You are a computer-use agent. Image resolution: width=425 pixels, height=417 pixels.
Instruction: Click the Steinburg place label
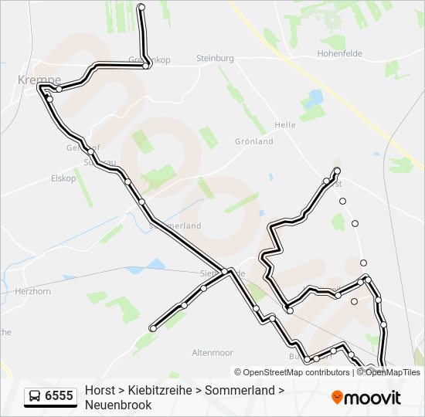tap(215, 58)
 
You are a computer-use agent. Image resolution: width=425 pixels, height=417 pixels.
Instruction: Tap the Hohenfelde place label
tap(339, 54)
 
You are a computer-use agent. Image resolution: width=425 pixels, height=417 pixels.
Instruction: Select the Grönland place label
tap(254, 142)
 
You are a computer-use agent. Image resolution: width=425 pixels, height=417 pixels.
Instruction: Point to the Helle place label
tap(285, 125)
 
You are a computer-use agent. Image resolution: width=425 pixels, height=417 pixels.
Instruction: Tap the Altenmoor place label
tap(212, 353)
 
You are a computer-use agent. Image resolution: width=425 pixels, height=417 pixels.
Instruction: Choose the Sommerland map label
tap(176, 225)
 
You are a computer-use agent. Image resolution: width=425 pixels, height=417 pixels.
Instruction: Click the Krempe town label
tap(39, 80)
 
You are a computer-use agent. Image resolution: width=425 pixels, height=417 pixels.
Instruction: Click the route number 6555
tap(59, 396)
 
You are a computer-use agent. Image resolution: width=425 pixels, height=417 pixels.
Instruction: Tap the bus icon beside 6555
tap(35, 396)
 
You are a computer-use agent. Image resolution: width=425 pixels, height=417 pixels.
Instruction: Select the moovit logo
tap(367, 398)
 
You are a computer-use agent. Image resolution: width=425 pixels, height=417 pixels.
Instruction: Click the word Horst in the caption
tap(100, 391)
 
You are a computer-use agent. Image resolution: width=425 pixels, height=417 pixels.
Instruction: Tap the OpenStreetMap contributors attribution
tap(297, 372)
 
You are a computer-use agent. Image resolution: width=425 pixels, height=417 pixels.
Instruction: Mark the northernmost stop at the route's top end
tap(141, 7)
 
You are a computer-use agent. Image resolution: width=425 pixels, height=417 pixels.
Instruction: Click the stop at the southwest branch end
tap(153, 328)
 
